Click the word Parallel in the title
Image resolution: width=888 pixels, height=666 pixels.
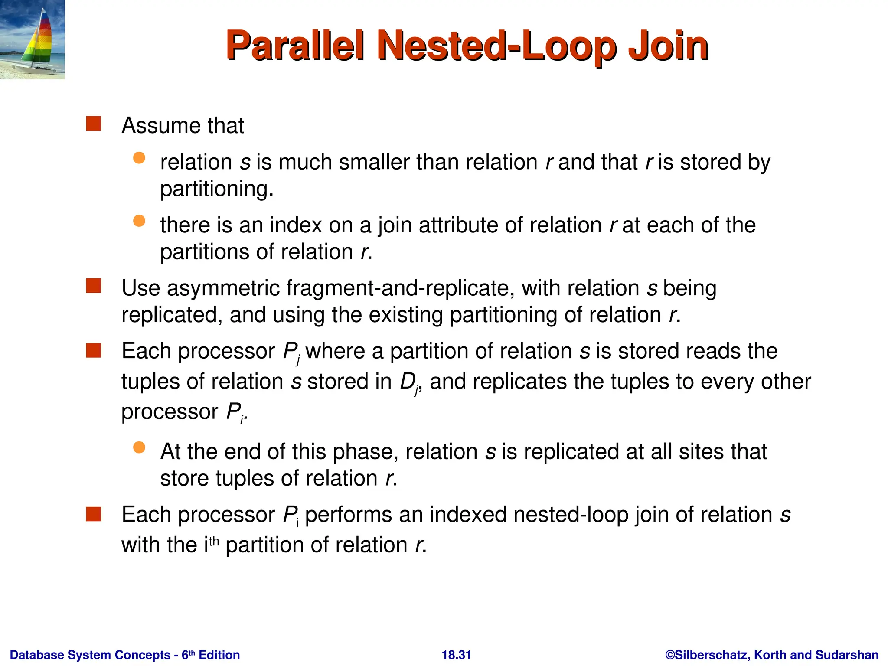294,46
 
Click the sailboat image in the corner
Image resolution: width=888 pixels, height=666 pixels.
32,39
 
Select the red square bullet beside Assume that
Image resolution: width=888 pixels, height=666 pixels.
93,124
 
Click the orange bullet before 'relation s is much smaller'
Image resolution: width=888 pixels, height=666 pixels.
139,158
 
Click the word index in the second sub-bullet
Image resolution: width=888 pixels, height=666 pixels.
296,225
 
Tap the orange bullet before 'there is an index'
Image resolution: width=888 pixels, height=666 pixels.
139,221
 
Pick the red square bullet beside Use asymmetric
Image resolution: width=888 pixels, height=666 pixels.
93,286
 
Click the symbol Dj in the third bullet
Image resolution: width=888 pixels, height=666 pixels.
409,382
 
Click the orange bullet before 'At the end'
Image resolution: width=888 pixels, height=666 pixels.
139,447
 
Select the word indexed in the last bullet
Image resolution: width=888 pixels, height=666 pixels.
466,515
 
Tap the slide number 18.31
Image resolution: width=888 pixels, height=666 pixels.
456,655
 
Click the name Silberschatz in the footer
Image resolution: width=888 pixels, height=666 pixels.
710,655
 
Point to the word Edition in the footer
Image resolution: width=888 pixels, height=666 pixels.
219,655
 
